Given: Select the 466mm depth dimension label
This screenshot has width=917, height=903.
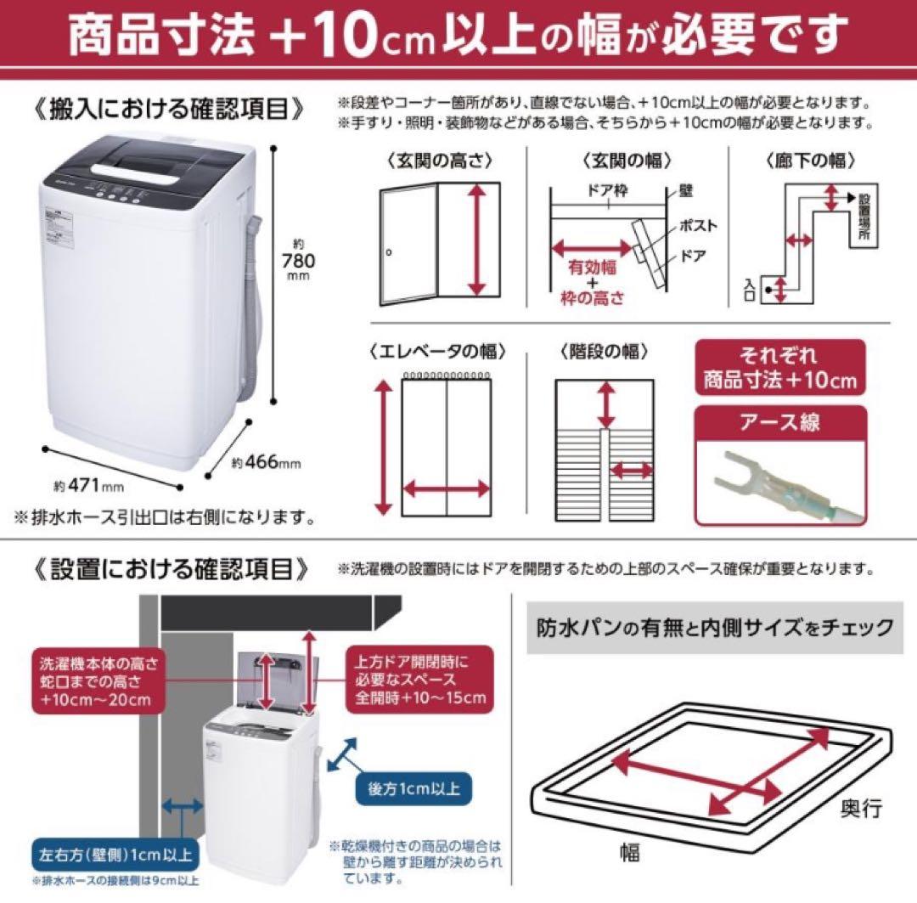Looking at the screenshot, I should [267, 463].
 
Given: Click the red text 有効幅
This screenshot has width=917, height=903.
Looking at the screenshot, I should [592, 266].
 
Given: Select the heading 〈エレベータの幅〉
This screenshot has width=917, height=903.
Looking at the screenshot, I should [438, 351].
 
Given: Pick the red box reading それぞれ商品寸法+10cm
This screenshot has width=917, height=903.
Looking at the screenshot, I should [779, 366].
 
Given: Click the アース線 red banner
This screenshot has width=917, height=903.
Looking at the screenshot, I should [779, 422].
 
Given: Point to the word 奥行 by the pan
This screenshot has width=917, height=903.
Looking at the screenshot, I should [862, 807].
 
